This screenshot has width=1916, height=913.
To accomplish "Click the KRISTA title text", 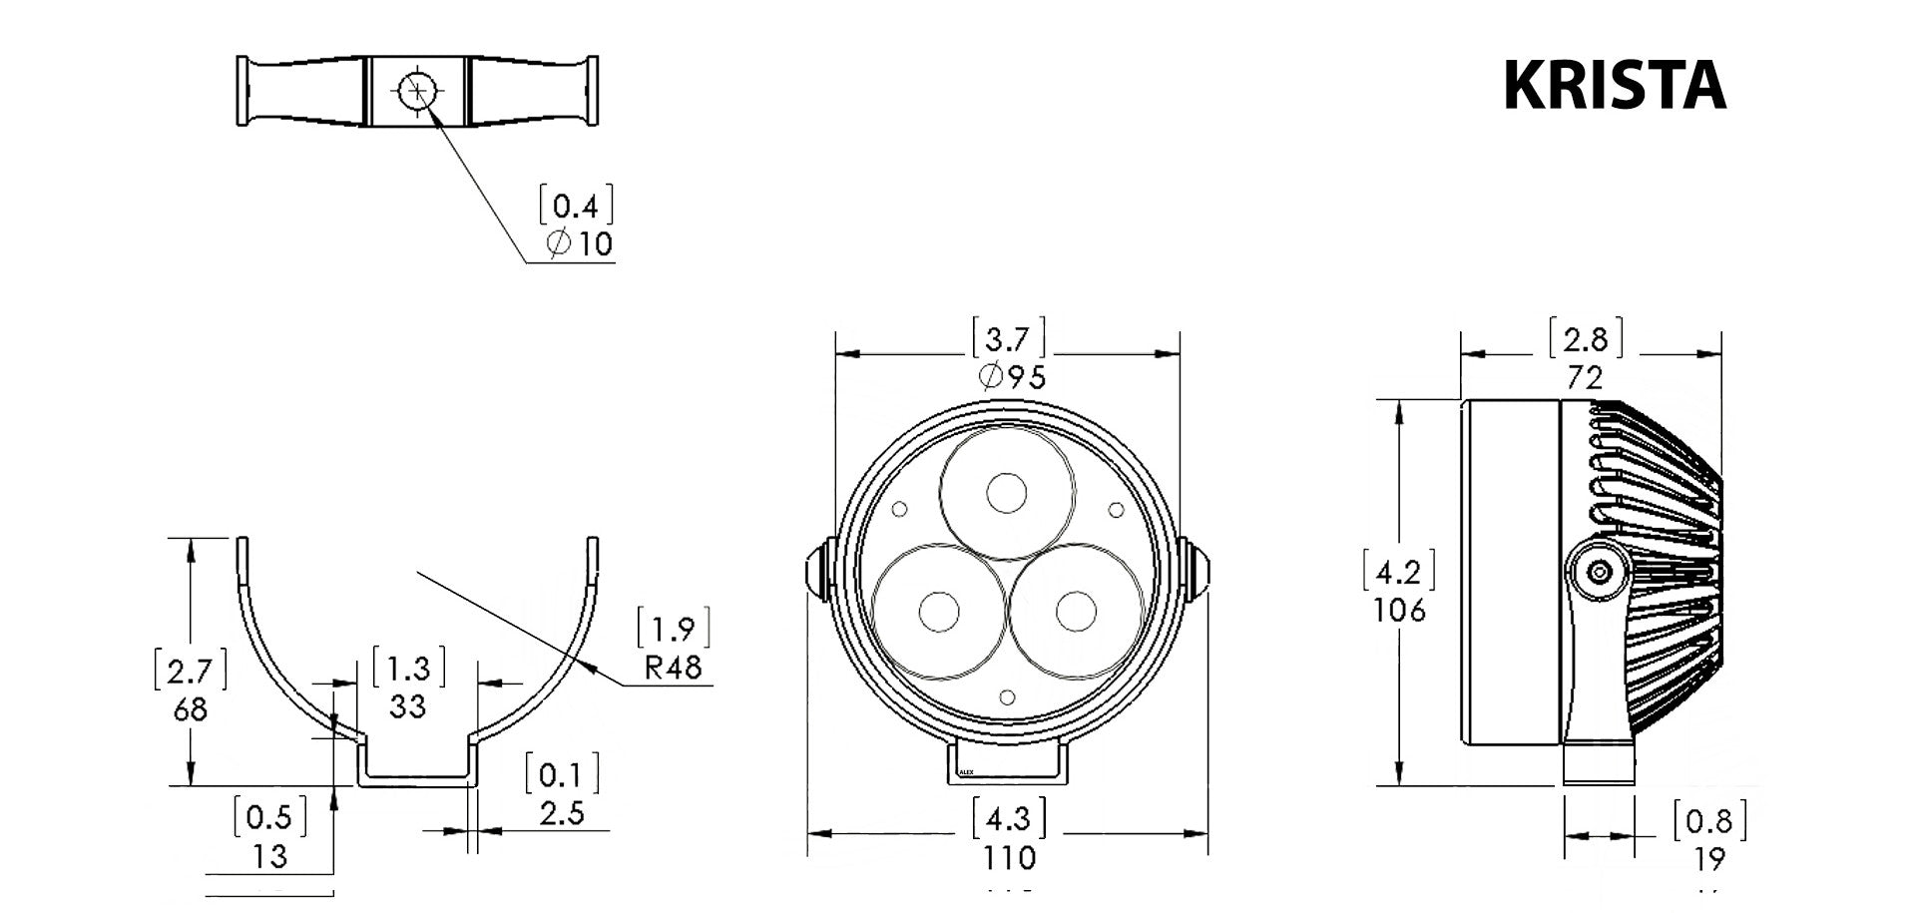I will (1614, 86).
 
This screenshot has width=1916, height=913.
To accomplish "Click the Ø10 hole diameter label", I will (580, 243).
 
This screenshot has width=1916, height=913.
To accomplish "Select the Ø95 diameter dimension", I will (1012, 377).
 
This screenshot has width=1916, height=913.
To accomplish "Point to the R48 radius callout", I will (673, 667).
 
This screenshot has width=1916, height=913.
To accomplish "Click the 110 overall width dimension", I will (1009, 857).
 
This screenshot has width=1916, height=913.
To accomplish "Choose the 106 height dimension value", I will (1399, 610).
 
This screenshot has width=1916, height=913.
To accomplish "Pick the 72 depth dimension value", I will (1585, 378).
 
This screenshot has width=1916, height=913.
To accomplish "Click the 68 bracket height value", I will (190, 709).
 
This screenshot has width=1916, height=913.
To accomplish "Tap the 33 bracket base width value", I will (407, 706).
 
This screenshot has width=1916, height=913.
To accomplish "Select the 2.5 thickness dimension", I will (562, 813).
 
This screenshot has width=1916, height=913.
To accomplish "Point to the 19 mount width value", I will (1709, 859).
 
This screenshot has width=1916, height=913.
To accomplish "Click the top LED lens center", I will (1007, 493).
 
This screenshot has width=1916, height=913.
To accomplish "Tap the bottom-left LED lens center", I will (938, 612).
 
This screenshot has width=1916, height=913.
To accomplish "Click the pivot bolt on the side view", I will (1600, 573).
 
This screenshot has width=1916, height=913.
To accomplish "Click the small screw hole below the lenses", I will (1008, 695).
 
